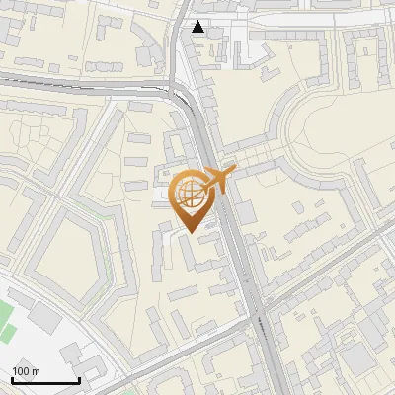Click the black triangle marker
[199, 27]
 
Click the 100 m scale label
[26, 371]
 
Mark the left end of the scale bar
[12, 380]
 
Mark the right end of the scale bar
[79, 380]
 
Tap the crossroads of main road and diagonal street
[261, 318]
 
